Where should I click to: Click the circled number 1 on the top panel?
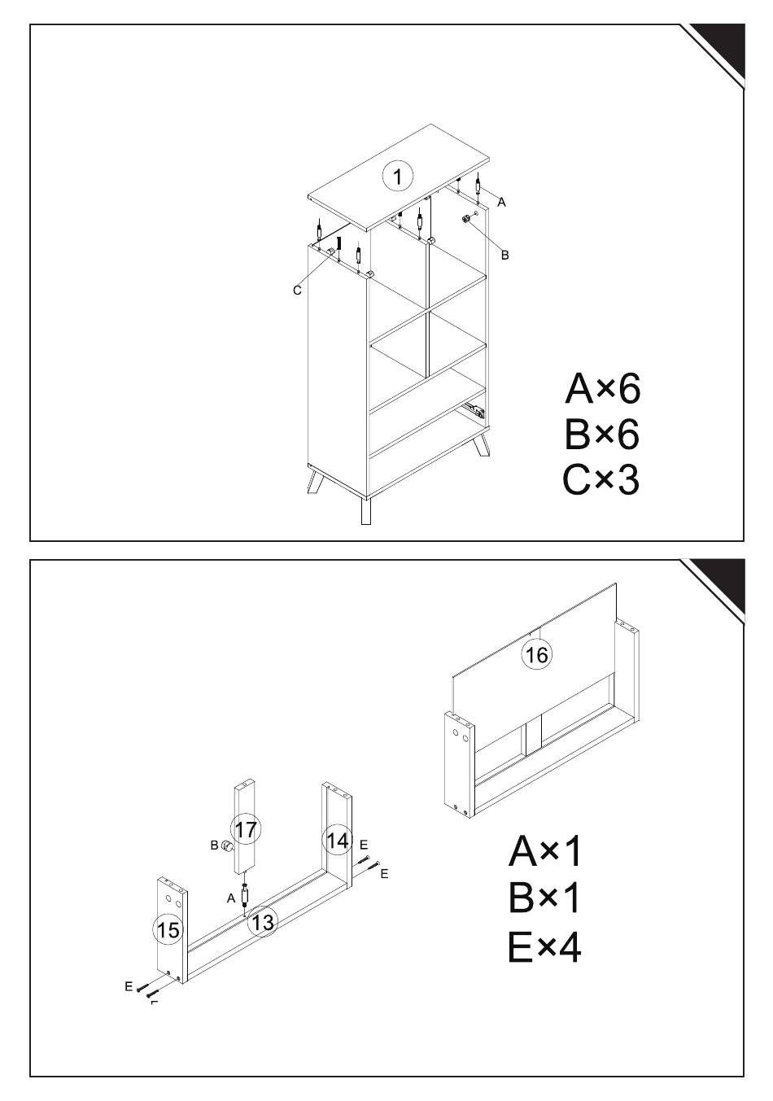[398, 176]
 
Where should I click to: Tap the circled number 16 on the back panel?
[536, 654]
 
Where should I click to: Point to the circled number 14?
[337, 840]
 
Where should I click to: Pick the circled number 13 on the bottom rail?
[263, 922]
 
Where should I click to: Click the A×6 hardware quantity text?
[602, 388]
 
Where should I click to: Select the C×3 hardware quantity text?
[601, 480]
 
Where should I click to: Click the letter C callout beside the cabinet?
[297, 291]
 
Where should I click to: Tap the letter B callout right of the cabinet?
[504, 255]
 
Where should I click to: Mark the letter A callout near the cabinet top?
[501, 202]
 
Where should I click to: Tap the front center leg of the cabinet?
[365, 511]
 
